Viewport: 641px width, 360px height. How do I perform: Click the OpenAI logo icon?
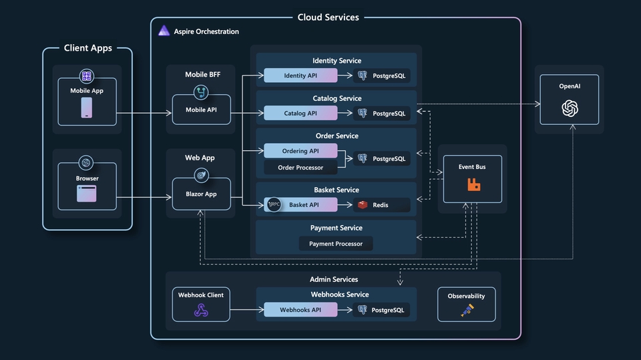pyautogui.click(x=569, y=108)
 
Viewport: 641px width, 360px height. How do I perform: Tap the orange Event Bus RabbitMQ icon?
pyautogui.click(x=473, y=184)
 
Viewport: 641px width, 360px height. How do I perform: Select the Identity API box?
pyautogui.click(x=300, y=75)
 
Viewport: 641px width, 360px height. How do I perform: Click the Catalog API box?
pyautogui.click(x=300, y=114)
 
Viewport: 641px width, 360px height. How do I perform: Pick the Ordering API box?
pyautogui.click(x=300, y=151)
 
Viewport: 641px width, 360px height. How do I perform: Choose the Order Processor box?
pyautogui.click(x=300, y=168)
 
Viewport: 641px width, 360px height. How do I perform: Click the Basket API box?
pyautogui.click(x=304, y=205)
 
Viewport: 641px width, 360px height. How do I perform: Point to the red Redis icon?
pyautogui.click(x=363, y=205)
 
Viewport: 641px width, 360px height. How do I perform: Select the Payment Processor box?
pyautogui.click(x=336, y=244)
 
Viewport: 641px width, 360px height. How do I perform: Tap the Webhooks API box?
pyautogui.click(x=300, y=310)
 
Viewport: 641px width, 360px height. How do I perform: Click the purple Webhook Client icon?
pyautogui.click(x=201, y=310)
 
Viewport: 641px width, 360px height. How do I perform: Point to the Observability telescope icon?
pyautogui.click(x=467, y=310)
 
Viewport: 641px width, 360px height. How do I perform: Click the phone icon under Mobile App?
pyautogui.click(x=87, y=108)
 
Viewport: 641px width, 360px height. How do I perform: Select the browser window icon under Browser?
pyautogui.click(x=87, y=194)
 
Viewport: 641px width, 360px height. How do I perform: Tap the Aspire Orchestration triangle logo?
pyautogui.click(x=164, y=31)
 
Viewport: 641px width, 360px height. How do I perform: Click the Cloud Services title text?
pyautogui.click(x=328, y=17)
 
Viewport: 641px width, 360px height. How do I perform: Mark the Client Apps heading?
pyautogui.click(x=88, y=48)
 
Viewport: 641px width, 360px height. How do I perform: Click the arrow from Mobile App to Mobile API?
pyautogui.click(x=144, y=114)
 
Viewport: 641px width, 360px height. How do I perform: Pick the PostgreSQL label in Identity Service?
pyautogui.click(x=389, y=75)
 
